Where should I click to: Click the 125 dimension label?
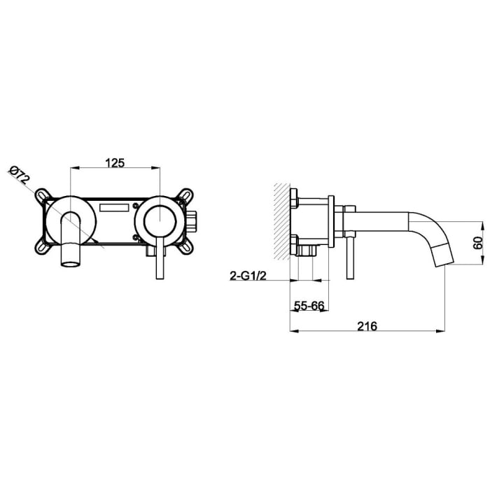[x=115, y=162]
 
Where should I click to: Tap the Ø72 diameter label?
[x=21, y=174]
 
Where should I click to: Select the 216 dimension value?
[x=367, y=326]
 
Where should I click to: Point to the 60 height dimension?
[x=478, y=243]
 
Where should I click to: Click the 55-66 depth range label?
[x=308, y=307]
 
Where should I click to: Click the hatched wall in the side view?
[x=281, y=220]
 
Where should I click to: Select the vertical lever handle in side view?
[x=346, y=255]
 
